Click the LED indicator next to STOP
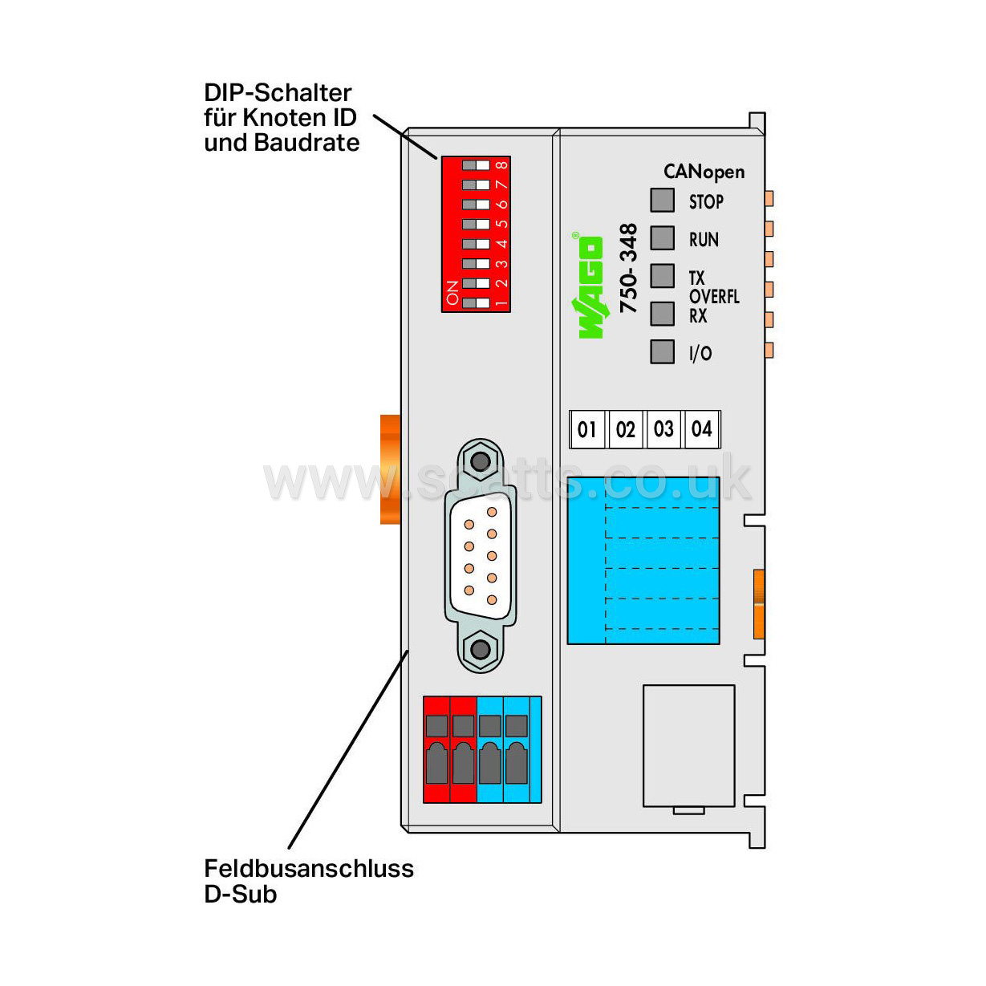click(x=662, y=200)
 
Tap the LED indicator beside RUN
click(x=662, y=238)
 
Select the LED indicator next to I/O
click(x=662, y=351)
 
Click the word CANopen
click(x=704, y=172)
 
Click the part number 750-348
click(x=628, y=268)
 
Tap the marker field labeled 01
click(x=586, y=429)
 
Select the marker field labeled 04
click(x=701, y=429)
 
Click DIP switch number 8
click(x=475, y=165)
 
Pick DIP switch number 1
click(x=475, y=303)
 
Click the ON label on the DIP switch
click(x=452, y=293)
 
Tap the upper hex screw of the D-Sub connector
click(x=480, y=461)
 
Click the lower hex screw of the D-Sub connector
click(x=480, y=649)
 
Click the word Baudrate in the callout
click(x=306, y=143)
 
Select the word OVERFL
click(x=714, y=297)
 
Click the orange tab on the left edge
click(x=390, y=469)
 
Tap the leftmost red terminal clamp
click(x=436, y=749)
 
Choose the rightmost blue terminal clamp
click(x=517, y=749)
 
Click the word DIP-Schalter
click(x=278, y=93)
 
